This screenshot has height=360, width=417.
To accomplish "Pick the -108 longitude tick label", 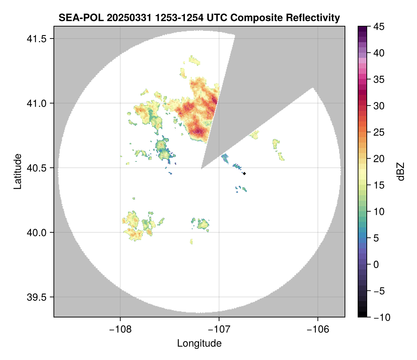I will point(120,329).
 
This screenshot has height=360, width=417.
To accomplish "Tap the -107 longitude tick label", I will point(219,329).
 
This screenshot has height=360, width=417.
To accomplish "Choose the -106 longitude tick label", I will point(318,329).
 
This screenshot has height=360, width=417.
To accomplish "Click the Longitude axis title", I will point(199,343).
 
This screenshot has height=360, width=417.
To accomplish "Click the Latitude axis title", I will point(17,171).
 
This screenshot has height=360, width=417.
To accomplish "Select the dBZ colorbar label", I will point(401,172).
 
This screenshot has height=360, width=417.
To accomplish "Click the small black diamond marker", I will point(245,173).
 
